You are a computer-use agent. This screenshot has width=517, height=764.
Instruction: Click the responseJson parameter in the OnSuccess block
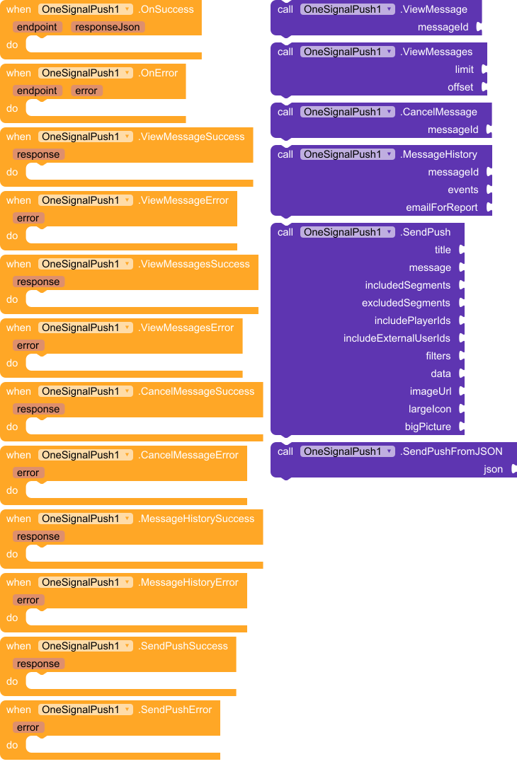108,27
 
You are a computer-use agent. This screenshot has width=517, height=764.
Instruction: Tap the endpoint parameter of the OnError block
38,91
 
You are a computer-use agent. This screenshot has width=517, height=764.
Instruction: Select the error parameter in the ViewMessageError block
28,218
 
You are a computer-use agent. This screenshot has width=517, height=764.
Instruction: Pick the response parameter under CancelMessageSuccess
38,409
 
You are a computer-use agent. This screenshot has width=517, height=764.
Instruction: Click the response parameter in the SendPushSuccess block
38,664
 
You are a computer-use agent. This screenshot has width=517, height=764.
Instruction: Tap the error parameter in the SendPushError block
28,727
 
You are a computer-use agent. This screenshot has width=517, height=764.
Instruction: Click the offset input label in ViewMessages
460,87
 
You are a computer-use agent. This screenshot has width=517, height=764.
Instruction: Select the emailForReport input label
441,207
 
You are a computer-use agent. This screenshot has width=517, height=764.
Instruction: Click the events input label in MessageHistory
462,190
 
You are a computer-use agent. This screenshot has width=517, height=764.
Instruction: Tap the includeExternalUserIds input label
397,338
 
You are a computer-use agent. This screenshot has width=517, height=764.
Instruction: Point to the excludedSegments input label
406,303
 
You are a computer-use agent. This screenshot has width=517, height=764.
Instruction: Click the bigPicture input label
428,427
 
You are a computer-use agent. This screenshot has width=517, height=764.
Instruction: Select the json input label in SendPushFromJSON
493,469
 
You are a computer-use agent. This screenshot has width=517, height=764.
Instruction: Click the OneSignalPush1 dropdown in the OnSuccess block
86,9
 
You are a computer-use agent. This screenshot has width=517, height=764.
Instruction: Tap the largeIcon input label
429,409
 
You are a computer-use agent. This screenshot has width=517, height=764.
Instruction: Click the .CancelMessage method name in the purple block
438,112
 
